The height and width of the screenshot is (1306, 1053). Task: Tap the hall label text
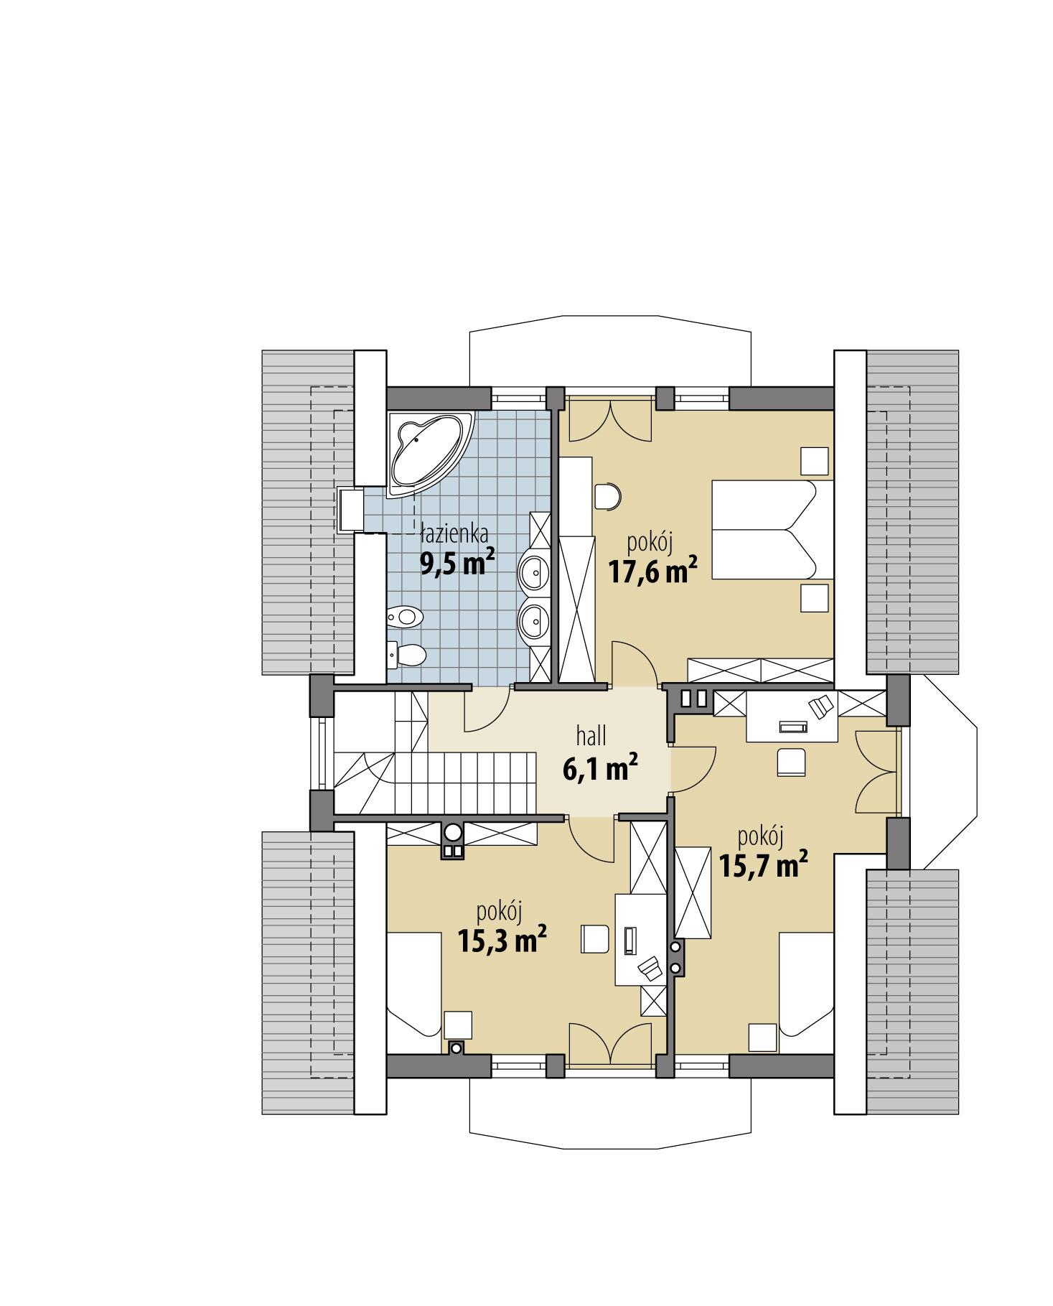pos(591,735)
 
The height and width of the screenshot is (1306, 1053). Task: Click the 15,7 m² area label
pos(764,867)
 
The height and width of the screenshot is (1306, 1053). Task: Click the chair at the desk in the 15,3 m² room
pos(595,938)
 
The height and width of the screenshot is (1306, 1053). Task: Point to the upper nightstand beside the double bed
pos(815,460)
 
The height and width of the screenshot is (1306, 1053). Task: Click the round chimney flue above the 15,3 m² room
pos(453,831)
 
